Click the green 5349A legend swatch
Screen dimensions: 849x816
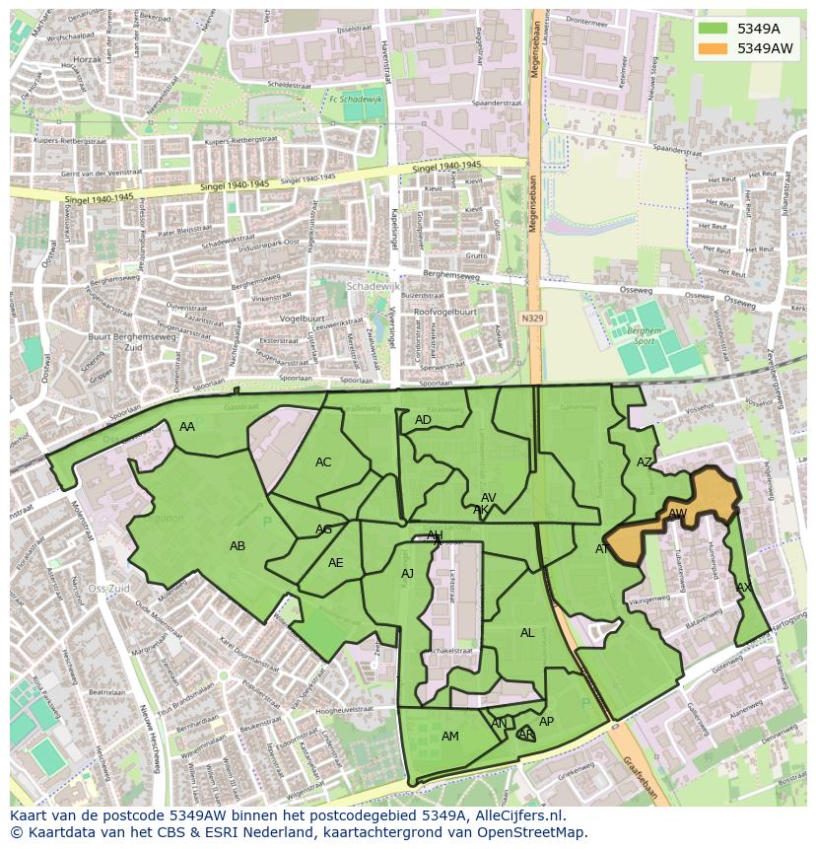click(x=714, y=29)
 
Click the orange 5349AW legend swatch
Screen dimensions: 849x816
click(x=714, y=48)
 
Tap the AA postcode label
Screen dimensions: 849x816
click(x=187, y=427)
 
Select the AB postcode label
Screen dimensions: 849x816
click(x=238, y=546)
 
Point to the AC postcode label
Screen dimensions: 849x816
click(x=323, y=462)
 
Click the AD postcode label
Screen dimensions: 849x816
click(x=423, y=420)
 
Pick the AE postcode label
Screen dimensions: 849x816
click(x=336, y=563)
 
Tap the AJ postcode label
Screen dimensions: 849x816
click(x=407, y=574)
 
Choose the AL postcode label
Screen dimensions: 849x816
click(x=527, y=633)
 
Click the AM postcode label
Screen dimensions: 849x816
click(x=450, y=737)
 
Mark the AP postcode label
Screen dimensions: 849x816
click(x=546, y=722)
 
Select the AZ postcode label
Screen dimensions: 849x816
click(x=645, y=462)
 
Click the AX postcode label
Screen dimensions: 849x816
click(x=744, y=588)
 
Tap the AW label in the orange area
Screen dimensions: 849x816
click(x=677, y=514)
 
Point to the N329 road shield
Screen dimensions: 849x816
click(x=533, y=318)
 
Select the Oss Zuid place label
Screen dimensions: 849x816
click(x=108, y=589)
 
